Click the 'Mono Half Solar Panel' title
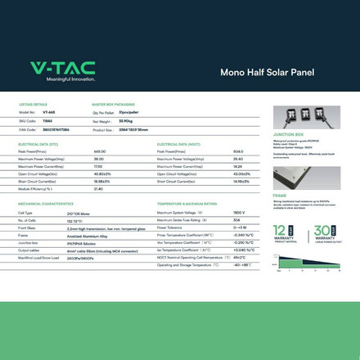pyautogui.click(x=263, y=72)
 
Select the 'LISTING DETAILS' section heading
pyautogui.click(x=34, y=105)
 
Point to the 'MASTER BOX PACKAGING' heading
pyautogui.click(x=114, y=105)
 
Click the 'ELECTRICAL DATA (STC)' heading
pyautogui.click(x=38, y=144)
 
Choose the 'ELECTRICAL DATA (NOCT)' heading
pyautogui.click(x=178, y=144)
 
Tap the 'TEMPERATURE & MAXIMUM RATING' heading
pyautogui.click(x=187, y=203)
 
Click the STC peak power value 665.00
pyautogui.click(x=100, y=151)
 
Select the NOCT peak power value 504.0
pyautogui.click(x=238, y=151)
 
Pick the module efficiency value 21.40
pyautogui.click(x=98, y=188)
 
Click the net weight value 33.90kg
pyautogui.click(x=127, y=120)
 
